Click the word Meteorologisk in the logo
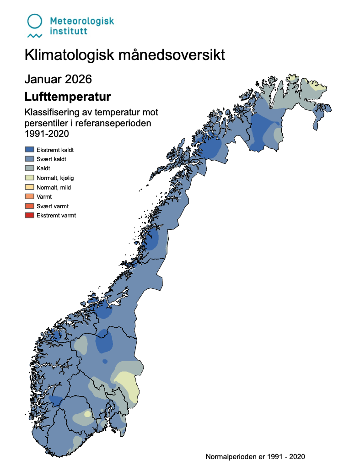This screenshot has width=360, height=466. click(81, 21)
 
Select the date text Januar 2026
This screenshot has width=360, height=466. click(58, 79)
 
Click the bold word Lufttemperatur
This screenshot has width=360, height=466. click(68, 97)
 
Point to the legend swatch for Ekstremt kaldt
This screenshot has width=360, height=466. click(29, 149)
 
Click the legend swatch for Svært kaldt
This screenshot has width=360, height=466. click(29, 159)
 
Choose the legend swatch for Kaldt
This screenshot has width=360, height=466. click(29, 168)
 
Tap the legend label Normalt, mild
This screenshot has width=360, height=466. click(54, 187)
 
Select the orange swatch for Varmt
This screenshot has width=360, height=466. click(29, 196)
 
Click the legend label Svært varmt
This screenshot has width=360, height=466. click(53, 206)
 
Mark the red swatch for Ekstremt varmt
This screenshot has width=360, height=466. click(29, 215)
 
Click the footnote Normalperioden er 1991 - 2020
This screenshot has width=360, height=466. click(255, 456)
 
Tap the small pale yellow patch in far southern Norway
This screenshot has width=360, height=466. click(86, 414)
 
